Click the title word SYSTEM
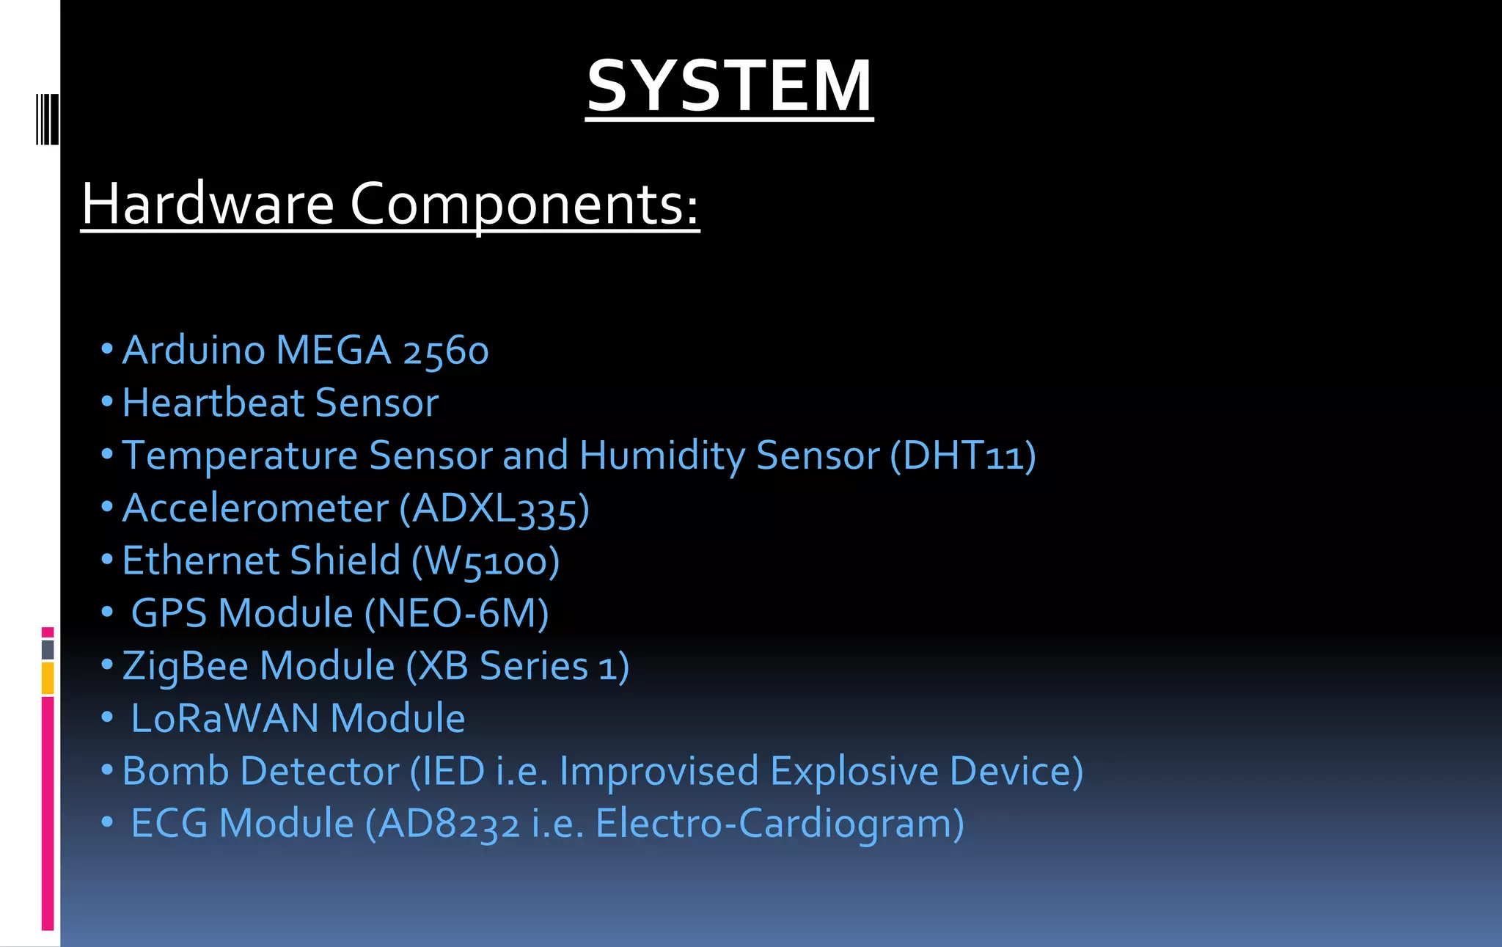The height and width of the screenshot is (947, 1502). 729,87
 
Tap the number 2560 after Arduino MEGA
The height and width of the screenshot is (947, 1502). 445,351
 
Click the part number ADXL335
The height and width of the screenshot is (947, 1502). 494,508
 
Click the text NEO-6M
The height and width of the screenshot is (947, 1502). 457,613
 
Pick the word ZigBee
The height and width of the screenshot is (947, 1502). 185,667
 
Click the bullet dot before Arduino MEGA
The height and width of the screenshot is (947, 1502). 107,349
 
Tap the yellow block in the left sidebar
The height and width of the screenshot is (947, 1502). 48,678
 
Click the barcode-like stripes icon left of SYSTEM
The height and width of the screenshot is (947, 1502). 47,119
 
